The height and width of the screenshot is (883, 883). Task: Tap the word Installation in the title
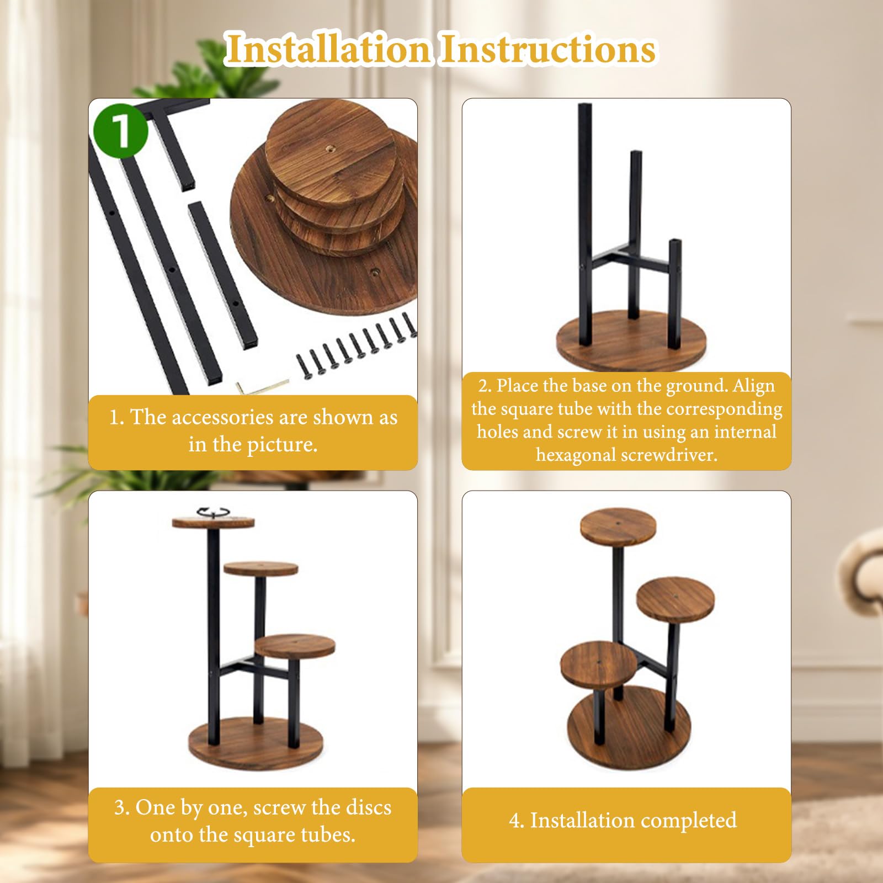[x=328, y=49]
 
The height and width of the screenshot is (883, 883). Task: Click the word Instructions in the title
[x=548, y=49]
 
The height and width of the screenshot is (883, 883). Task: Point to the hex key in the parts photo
[x=263, y=385]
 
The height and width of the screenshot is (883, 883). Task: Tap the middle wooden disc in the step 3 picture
[x=261, y=569]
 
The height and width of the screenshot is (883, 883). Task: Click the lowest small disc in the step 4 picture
[x=599, y=664]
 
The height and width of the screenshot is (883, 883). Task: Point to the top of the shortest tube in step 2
[x=675, y=241]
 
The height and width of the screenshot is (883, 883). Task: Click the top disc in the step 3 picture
[x=214, y=522]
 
